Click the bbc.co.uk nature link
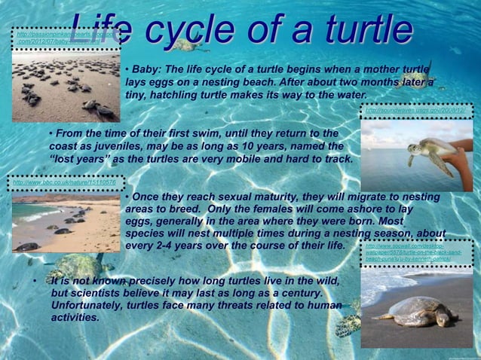click(65, 182)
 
